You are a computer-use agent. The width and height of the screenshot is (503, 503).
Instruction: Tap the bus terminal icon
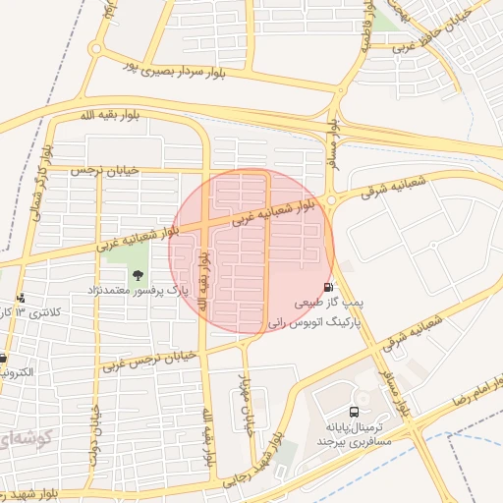pyautogui.click(x=353, y=413)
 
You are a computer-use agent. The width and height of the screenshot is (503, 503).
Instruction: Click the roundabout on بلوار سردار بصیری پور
pyautogui.click(x=96, y=49)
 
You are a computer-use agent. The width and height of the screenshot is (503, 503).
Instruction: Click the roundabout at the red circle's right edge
pyautogui.click(x=331, y=200)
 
